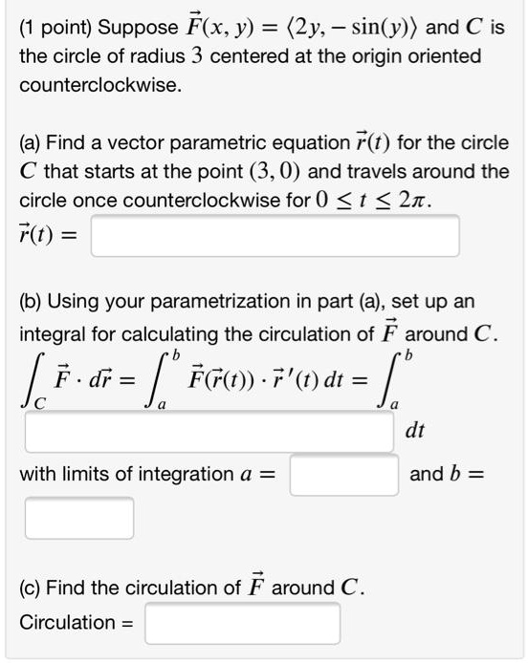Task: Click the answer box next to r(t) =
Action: (275, 235)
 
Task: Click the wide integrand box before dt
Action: (209, 431)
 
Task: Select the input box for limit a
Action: (343, 474)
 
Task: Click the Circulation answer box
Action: (242, 623)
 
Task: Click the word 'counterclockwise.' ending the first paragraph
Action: (99, 85)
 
